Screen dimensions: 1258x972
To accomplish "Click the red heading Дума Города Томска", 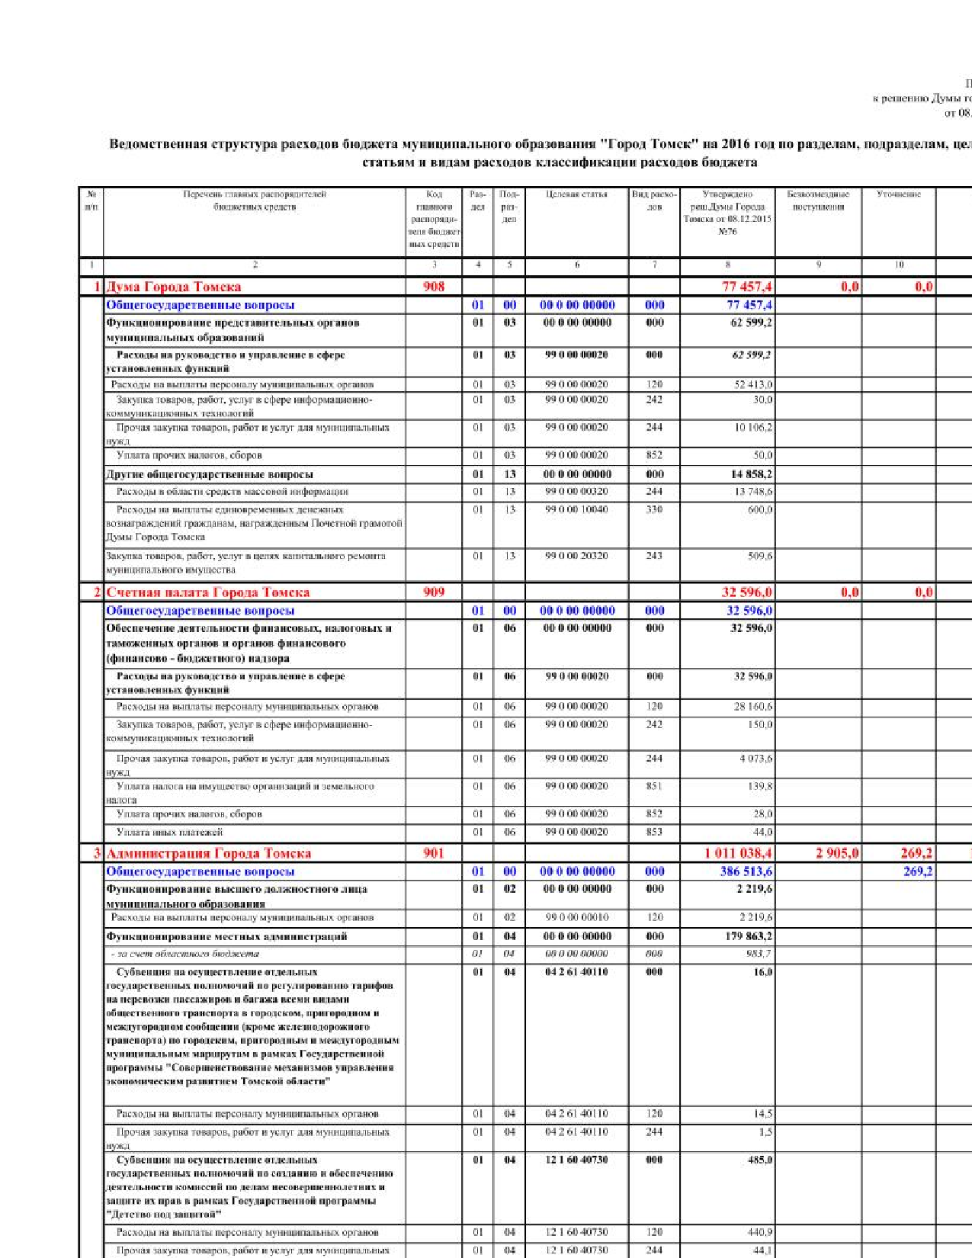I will click(x=173, y=287).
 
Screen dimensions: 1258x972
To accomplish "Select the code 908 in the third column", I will click(x=434, y=287).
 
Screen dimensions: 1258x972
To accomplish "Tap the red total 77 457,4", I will click(x=747, y=287).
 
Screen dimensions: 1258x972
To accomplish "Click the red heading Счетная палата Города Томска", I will click(x=207, y=592).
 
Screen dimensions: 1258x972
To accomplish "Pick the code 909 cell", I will click(x=434, y=592).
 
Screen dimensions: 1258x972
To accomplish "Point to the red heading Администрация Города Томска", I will click(x=208, y=853).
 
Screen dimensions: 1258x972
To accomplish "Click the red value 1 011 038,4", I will click(x=738, y=853).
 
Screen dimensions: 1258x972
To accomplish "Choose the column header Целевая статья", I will click(x=576, y=194).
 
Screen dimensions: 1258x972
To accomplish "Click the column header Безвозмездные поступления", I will click(x=818, y=201).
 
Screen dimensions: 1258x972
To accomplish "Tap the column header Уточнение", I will click(x=899, y=194).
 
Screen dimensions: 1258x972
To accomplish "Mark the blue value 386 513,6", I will click(x=746, y=871).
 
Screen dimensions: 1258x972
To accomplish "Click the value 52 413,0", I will click(x=753, y=385).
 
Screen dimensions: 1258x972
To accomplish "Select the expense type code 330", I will click(x=654, y=510).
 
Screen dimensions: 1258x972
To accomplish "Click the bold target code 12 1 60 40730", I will click(x=576, y=1160).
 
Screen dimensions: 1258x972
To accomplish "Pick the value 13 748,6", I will click(x=753, y=492).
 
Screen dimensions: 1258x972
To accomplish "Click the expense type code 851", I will click(x=654, y=786).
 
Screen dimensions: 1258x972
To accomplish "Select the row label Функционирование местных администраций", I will click(x=226, y=936).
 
